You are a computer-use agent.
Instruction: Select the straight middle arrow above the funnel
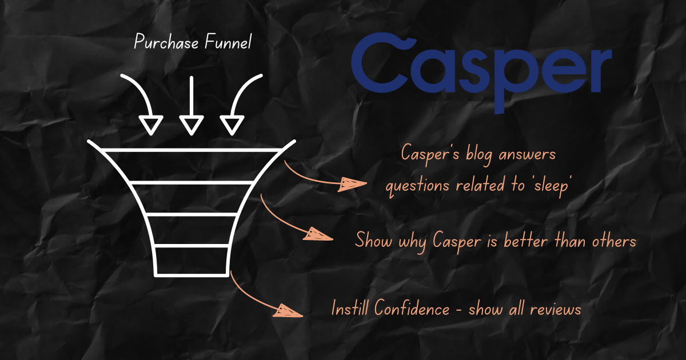coord(192,106)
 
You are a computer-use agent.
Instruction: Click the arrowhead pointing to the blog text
coord(352,184)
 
